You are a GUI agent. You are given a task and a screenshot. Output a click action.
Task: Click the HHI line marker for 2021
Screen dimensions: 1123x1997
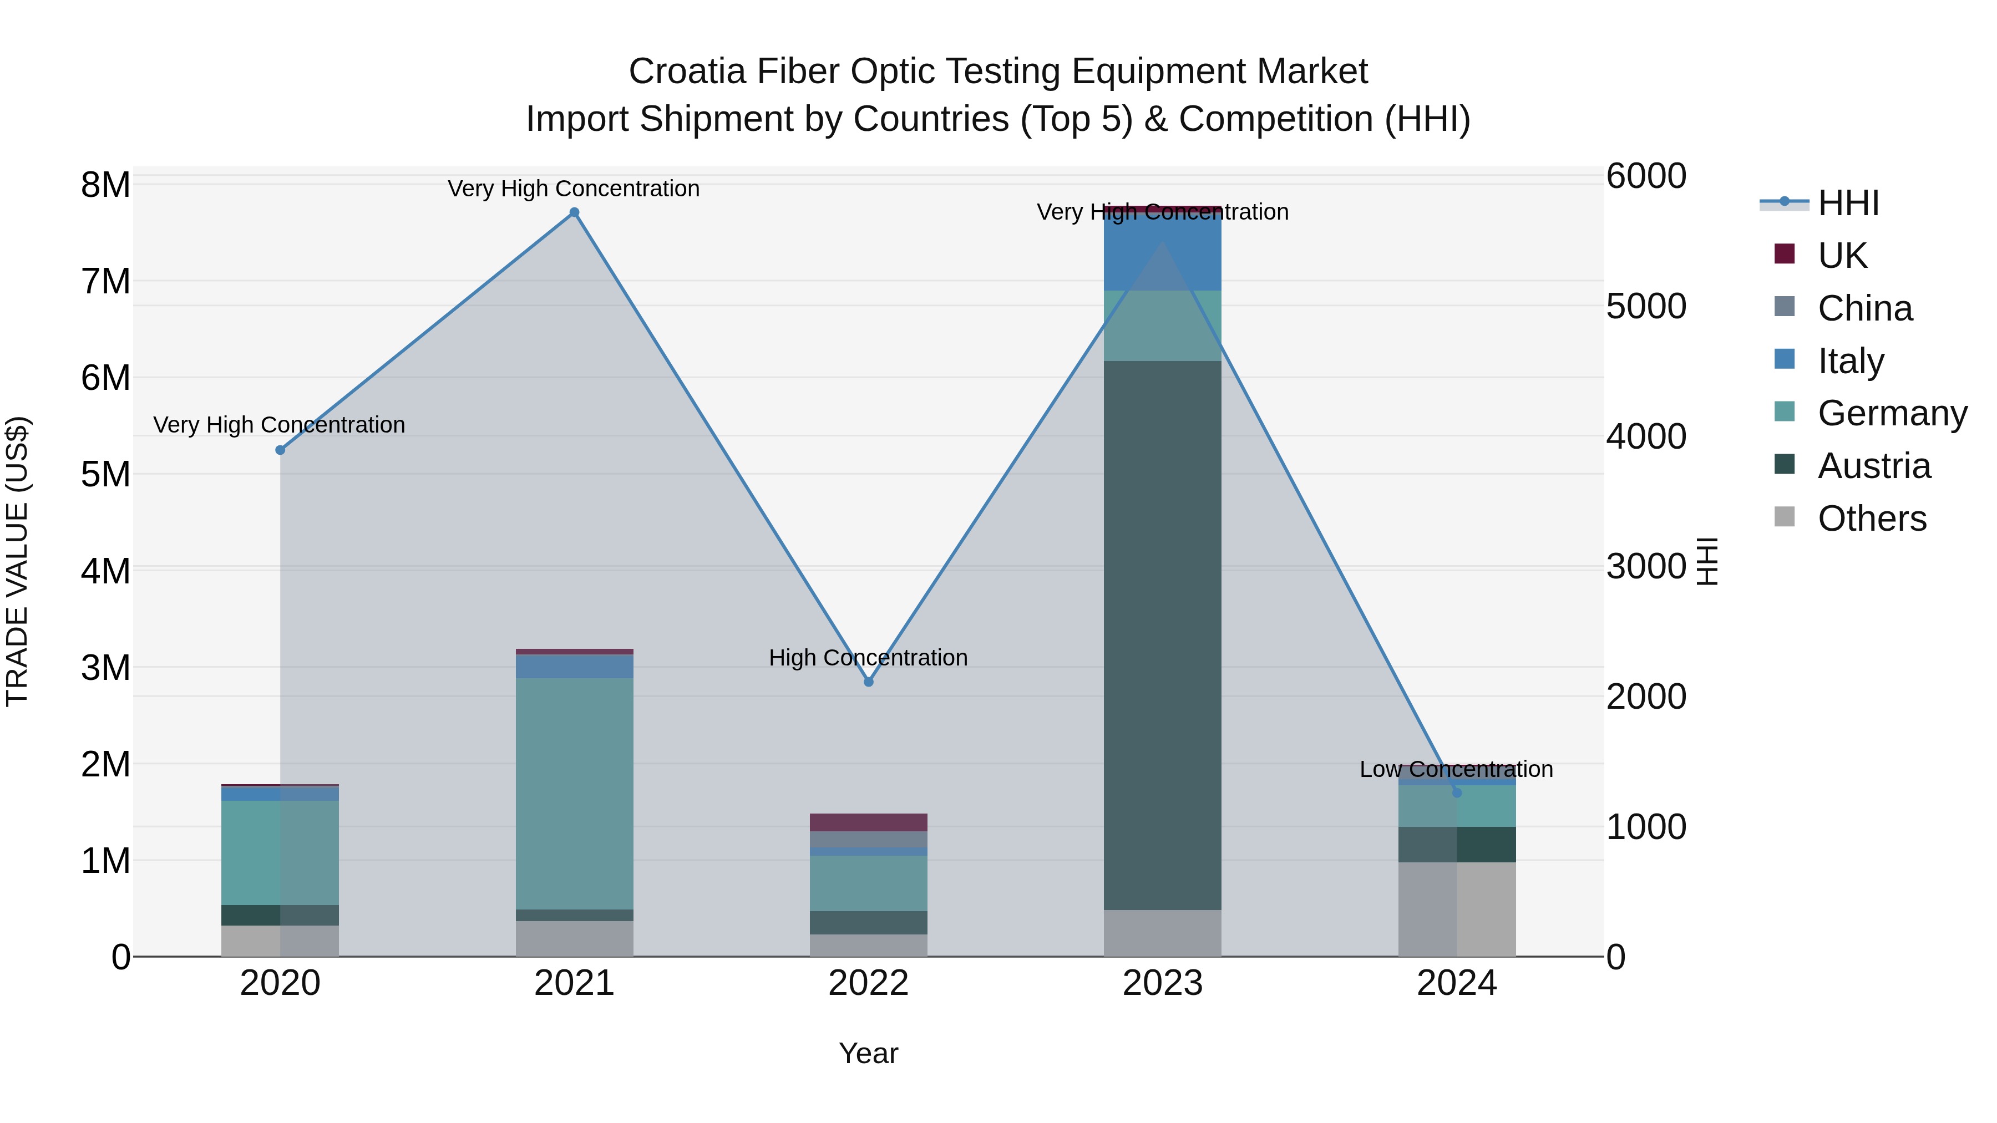(x=575, y=212)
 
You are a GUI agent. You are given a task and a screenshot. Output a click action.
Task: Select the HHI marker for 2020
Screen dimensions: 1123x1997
(x=281, y=450)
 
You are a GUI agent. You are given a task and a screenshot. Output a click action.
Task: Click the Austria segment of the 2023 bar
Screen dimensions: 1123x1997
(x=1162, y=636)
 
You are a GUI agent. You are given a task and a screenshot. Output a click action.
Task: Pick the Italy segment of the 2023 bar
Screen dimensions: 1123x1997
(x=1162, y=252)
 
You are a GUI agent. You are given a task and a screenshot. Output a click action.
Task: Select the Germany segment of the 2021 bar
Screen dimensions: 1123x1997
(x=575, y=794)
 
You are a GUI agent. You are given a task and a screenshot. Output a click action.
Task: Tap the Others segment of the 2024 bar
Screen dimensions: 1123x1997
(x=1457, y=909)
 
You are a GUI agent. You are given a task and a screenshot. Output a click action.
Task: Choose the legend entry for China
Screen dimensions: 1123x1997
(x=1864, y=308)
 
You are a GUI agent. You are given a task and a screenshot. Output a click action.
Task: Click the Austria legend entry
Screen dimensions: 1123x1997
(x=1874, y=466)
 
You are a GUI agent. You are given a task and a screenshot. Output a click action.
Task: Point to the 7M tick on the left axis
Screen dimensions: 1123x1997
(x=105, y=281)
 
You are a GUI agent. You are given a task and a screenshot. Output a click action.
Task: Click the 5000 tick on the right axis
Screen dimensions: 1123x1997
(x=1646, y=306)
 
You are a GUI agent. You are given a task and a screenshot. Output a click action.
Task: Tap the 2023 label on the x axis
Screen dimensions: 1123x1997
(x=1162, y=983)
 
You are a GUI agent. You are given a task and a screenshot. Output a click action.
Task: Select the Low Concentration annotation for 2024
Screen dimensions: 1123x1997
(x=1456, y=770)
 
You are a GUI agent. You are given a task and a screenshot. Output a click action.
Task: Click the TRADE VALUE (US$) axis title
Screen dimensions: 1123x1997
(x=17, y=561)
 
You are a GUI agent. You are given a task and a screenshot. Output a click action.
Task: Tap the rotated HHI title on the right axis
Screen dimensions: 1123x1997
(x=1707, y=561)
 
